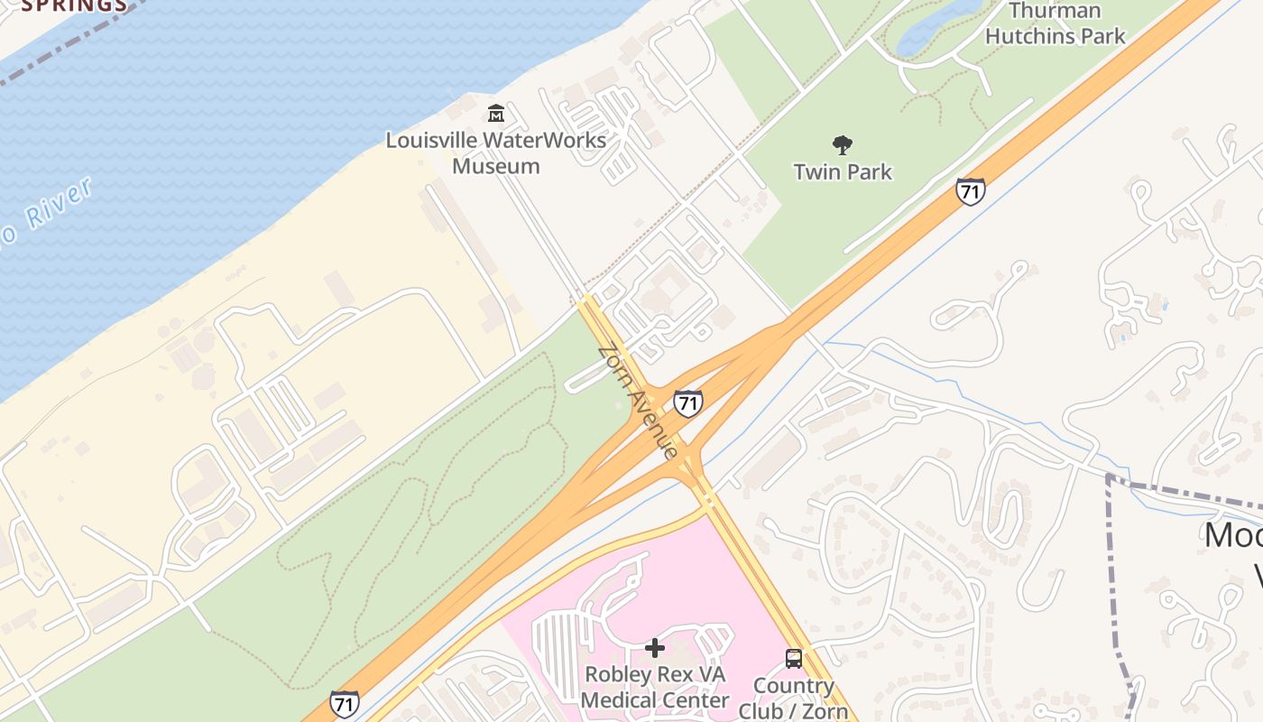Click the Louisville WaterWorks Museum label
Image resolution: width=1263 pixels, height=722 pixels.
[x=495, y=153]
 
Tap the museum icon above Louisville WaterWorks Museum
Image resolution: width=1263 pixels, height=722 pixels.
[x=495, y=114]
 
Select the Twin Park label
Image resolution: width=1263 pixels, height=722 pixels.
[x=843, y=171]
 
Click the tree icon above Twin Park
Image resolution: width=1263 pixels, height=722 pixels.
[x=843, y=144]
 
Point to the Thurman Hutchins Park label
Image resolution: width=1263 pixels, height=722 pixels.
[x=1055, y=23]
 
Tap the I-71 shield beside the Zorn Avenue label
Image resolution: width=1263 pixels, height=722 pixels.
[x=687, y=403]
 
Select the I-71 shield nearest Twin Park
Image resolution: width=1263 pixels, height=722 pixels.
[x=970, y=191]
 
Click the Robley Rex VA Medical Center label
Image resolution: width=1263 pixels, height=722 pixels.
[x=655, y=687]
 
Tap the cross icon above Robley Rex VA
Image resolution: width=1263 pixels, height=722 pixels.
[x=655, y=647]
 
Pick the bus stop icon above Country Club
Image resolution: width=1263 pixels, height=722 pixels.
[x=794, y=659]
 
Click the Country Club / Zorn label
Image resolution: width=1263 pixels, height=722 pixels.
[x=794, y=698]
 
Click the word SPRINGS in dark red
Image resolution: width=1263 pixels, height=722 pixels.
[x=74, y=5]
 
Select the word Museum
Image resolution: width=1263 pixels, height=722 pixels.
[x=495, y=166]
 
